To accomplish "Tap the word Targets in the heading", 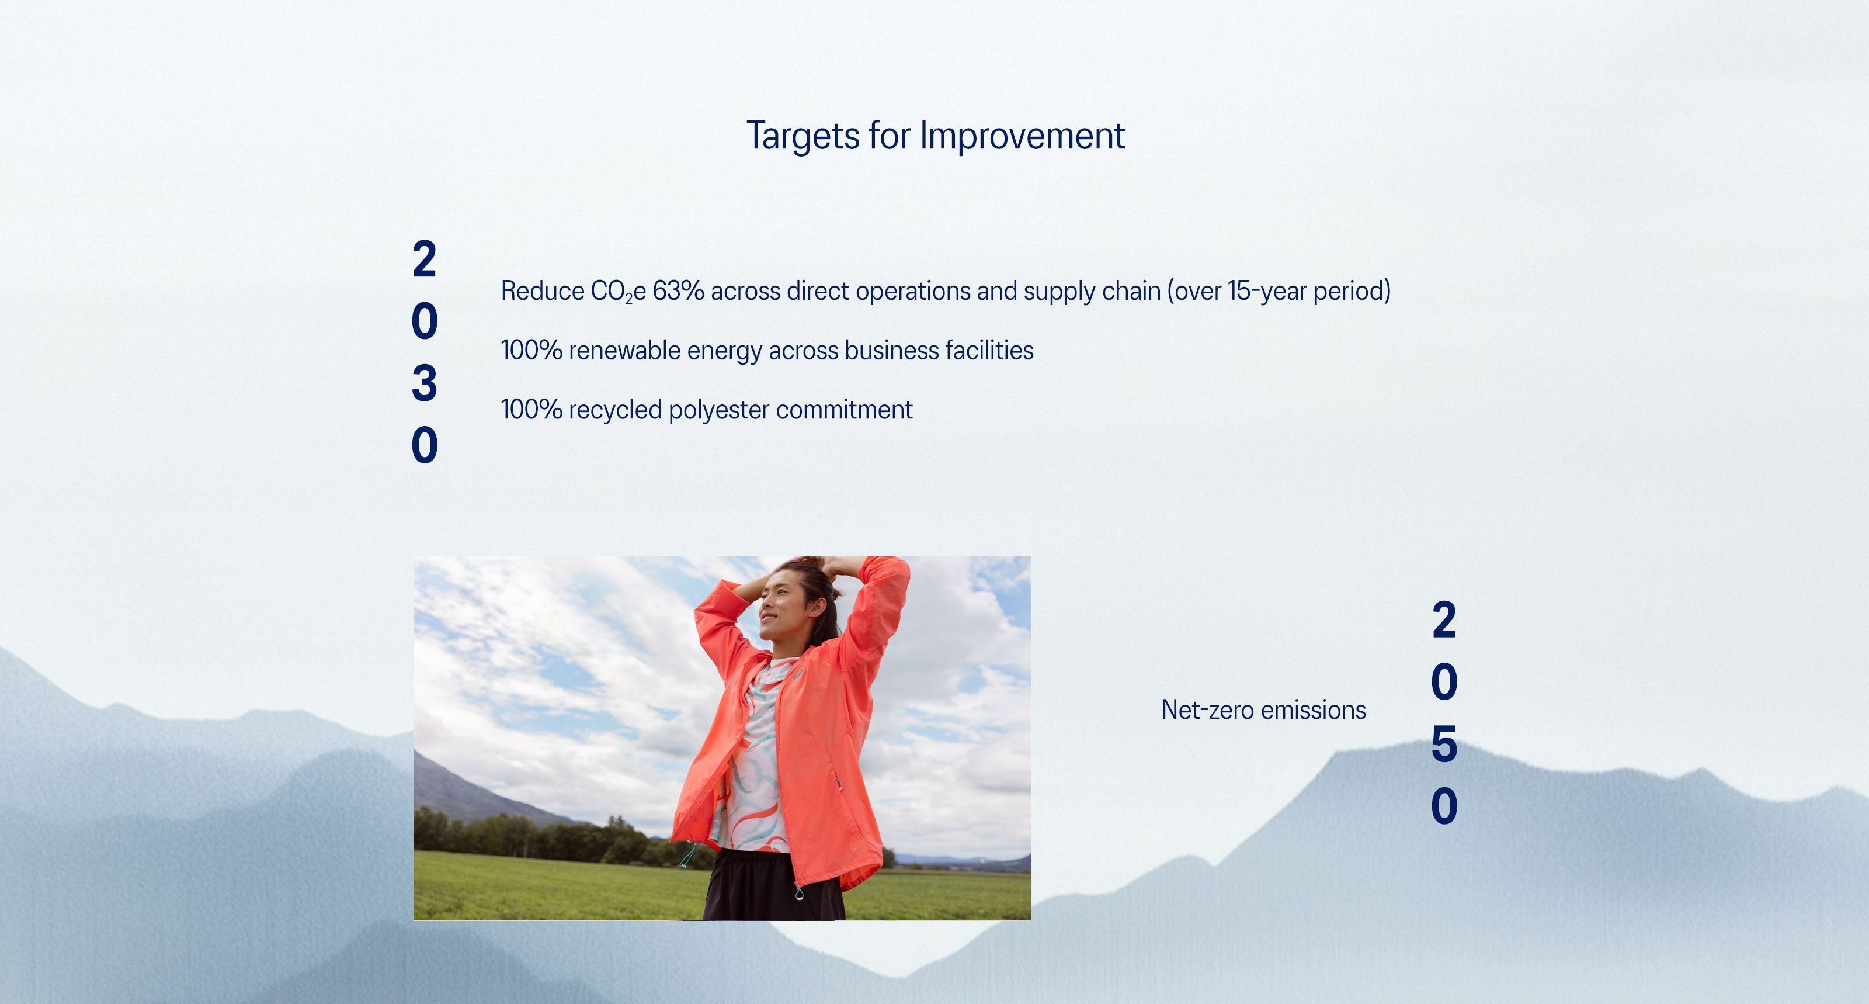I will click(803, 136).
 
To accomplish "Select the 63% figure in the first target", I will click(678, 291).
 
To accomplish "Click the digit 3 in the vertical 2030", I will click(425, 383).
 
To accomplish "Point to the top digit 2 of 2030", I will click(425, 259).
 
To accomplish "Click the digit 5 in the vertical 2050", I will click(1444, 744).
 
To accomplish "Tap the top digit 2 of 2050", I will click(1444, 621).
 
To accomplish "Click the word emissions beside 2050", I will click(1314, 710).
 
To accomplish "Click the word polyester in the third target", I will click(718, 410).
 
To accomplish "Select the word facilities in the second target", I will click(989, 351).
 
